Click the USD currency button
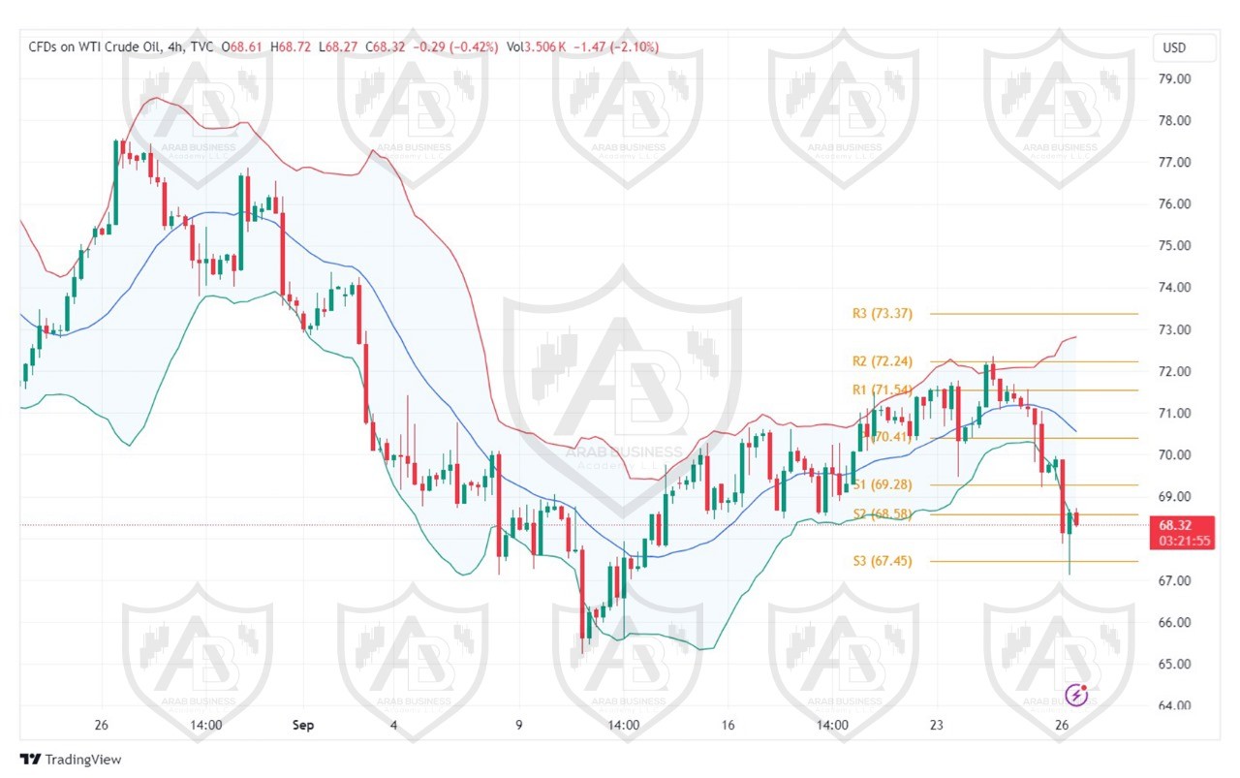(1173, 47)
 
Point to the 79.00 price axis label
(1174, 78)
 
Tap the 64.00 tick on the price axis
(1174, 705)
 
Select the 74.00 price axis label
(1174, 288)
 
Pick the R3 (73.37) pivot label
(882, 314)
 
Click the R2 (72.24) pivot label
(882, 361)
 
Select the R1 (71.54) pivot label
(882, 390)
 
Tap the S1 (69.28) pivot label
(882, 484)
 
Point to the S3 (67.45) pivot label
(882, 561)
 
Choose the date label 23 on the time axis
(937, 725)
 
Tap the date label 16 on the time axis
(728, 725)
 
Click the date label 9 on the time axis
(519, 725)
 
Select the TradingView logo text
(82, 761)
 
